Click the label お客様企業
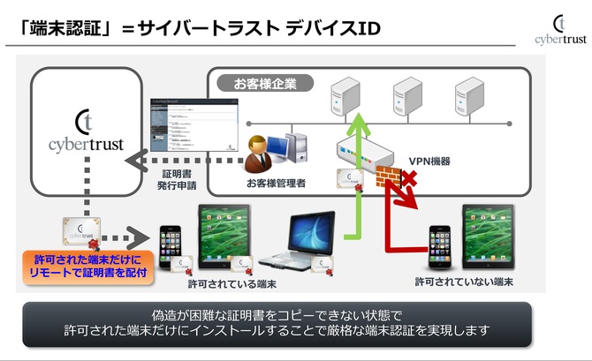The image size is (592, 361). (x=260, y=84)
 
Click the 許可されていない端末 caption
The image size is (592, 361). (x=465, y=282)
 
